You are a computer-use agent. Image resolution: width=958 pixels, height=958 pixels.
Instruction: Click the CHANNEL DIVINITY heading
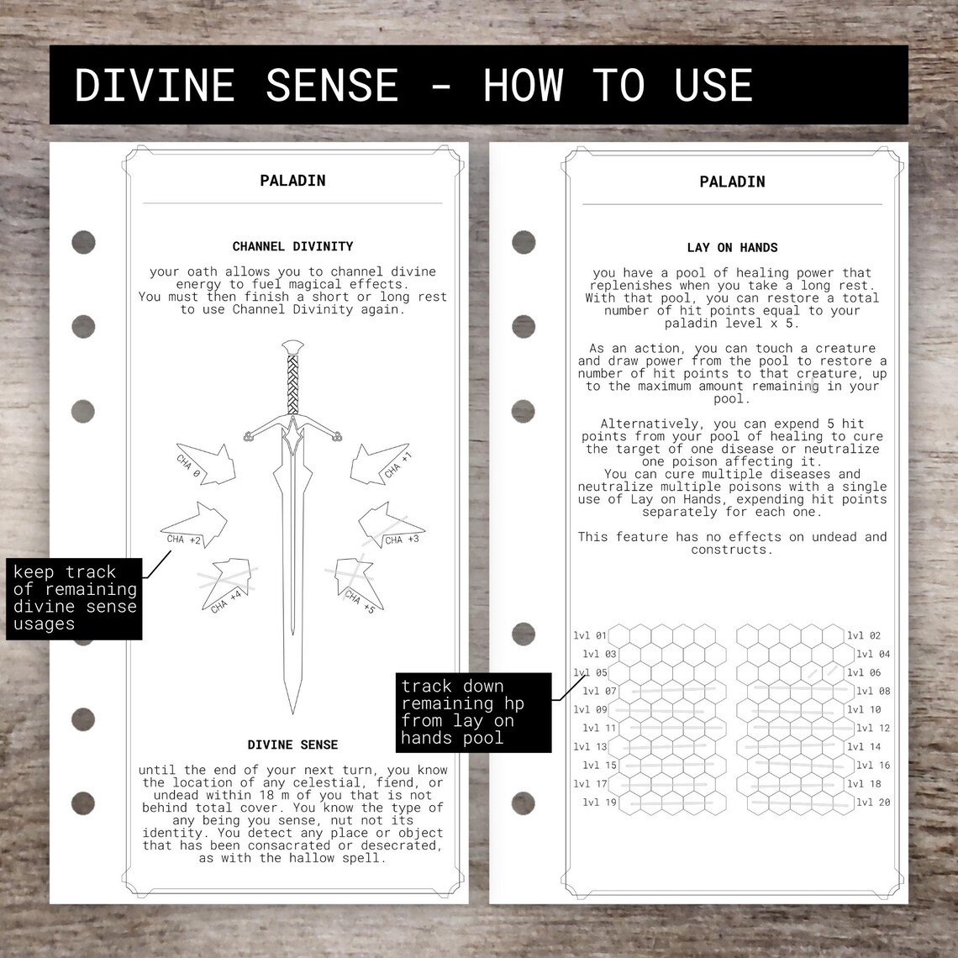(x=292, y=246)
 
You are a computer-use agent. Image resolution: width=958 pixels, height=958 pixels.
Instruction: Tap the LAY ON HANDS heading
(x=732, y=247)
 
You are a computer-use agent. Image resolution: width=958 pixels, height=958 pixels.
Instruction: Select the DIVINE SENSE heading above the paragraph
(x=292, y=745)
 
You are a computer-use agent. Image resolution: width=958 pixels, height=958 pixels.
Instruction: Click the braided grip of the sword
(x=292, y=382)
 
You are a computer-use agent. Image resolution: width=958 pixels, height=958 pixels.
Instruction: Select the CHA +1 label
(x=398, y=467)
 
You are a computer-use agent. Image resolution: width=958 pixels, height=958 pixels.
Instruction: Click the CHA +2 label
(x=184, y=540)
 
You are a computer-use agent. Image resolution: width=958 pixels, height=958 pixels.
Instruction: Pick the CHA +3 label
(x=402, y=540)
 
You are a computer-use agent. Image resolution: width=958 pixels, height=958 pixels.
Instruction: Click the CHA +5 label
(x=360, y=600)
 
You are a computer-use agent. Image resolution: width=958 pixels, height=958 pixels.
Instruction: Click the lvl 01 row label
(x=590, y=636)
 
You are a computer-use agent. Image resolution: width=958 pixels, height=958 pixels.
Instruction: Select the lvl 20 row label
(x=873, y=803)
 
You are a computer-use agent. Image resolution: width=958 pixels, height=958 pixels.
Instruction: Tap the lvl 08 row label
(x=873, y=692)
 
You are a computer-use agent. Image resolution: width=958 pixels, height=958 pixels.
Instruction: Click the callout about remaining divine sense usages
(x=74, y=597)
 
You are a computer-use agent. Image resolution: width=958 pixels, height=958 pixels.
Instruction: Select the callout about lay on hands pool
(x=474, y=712)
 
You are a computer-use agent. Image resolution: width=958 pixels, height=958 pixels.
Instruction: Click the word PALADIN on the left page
(x=292, y=180)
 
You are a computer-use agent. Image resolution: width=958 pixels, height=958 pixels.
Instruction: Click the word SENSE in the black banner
(x=333, y=85)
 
